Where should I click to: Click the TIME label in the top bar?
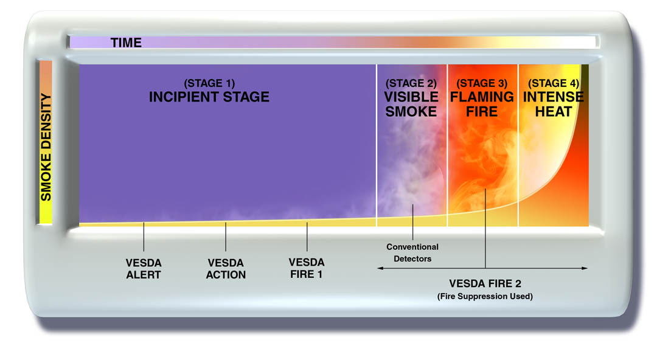tap(126, 43)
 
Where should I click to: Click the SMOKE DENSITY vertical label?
tap(46, 147)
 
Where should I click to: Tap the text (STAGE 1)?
tap(209, 83)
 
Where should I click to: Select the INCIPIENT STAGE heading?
tap(209, 97)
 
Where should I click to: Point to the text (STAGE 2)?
tap(411, 83)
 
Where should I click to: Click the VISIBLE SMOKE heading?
tap(411, 105)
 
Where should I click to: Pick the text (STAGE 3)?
tap(482, 83)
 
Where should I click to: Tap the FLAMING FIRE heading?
tap(482, 105)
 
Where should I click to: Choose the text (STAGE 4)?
tap(554, 83)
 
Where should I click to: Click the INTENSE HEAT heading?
tap(554, 105)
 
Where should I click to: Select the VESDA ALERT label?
tap(144, 269)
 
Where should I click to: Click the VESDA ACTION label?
tap(226, 269)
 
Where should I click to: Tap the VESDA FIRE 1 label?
tap(306, 268)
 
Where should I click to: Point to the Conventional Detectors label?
tap(412, 253)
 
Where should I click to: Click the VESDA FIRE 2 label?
tap(485, 284)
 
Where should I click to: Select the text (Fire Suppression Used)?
tap(485, 296)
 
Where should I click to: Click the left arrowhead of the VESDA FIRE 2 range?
tap(380, 268)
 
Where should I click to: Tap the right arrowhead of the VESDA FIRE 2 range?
tap(585, 268)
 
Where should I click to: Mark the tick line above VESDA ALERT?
tap(144, 237)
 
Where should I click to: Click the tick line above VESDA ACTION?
tap(226, 237)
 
